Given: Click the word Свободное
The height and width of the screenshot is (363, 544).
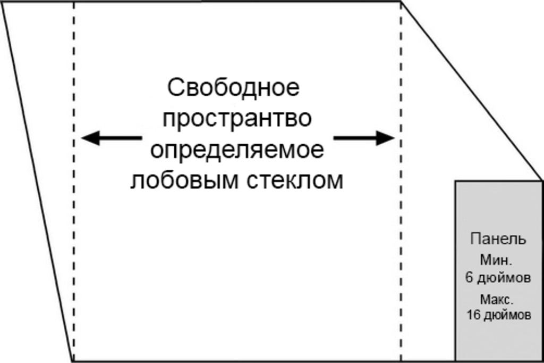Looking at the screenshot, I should pyautogui.click(x=233, y=87).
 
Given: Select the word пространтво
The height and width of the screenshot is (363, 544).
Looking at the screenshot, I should pyautogui.click(x=236, y=118).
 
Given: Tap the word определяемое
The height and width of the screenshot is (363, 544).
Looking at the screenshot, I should pyautogui.click(x=237, y=150).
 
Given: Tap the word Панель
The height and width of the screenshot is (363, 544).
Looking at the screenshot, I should pyautogui.click(x=498, y=239).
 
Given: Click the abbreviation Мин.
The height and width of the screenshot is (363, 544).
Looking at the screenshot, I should pyautogui.click(x=496, y=261).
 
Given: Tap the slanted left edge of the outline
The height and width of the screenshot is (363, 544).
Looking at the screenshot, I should pyautogui.click(x=37, y=181).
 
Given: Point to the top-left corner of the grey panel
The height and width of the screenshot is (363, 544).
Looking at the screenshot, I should pyautogui.click(x=455, y=181).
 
